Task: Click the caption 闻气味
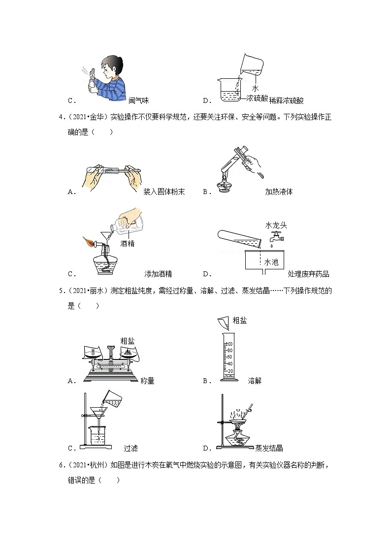(x=138, y=100)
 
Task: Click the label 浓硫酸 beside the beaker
(x=258, y=98)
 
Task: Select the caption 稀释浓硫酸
(x=286, y=100)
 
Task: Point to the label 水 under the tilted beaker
(x=256, y=88)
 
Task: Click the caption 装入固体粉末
(x=164, y=192)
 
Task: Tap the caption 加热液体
(x=279, y=192)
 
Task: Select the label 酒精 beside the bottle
(x=127, y=243)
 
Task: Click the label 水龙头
(x=276, y=225)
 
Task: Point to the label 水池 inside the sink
(x=271, y=261)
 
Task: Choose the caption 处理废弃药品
(x=308, y=274)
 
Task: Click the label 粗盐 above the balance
(x=127, y=341)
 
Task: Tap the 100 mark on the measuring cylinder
(x=229, y=344)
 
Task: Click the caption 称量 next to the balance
(x=147, y=381)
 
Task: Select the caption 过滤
(x=131, y=448)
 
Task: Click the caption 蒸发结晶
(x=269, y=448)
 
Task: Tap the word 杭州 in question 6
(x=97, y=465)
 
